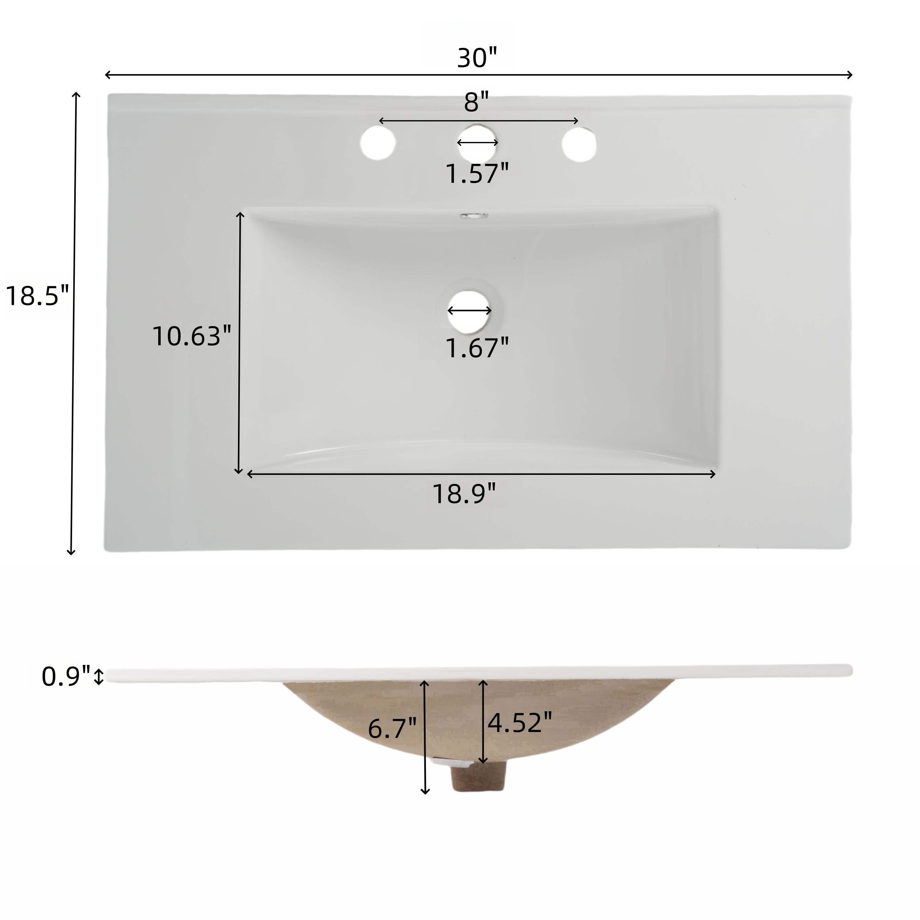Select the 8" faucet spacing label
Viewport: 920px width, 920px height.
pos(476,103)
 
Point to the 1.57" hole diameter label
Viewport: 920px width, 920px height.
pos(477,173)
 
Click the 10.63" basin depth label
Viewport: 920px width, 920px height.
pos(191,336)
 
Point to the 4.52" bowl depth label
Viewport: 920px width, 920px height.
pos(519,723)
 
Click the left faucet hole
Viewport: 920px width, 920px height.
pos(378,143)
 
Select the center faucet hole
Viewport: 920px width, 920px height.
pos(477,151)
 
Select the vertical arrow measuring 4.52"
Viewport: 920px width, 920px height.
pos(483,721)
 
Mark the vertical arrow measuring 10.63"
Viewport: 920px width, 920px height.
pos(240,343)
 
